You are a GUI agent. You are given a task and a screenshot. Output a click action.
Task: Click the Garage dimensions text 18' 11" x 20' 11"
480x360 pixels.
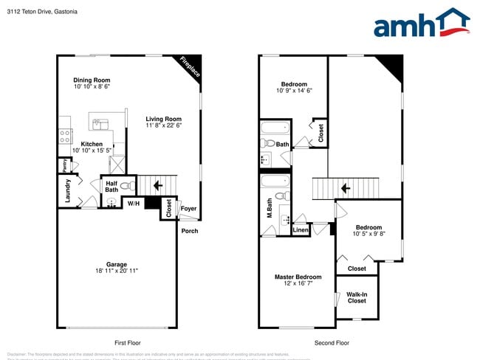point(116,271)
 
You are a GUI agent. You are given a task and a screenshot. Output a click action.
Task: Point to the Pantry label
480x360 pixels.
point(64,165)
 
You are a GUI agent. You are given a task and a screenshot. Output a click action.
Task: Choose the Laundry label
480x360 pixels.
point(68,190)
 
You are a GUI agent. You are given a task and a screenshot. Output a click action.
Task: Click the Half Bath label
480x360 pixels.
point(112,187)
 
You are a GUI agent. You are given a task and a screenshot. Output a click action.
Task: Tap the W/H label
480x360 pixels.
point(133,203)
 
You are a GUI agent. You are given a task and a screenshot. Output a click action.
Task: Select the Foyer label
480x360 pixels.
point(189,209)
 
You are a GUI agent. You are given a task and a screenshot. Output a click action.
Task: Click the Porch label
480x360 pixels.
point(190,231)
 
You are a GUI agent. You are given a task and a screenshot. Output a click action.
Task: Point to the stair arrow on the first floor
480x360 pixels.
point(158,184)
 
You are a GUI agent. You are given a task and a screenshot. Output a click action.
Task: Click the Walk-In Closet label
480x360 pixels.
point(357,297)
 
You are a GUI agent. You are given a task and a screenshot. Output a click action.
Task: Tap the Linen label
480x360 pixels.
point(301,230)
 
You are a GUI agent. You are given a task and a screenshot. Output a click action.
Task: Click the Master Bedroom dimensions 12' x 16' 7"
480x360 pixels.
point(298,283)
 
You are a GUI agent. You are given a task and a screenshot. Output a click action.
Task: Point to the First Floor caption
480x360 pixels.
point(127,343)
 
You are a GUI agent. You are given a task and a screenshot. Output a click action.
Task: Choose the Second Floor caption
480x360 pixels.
point(332,343)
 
